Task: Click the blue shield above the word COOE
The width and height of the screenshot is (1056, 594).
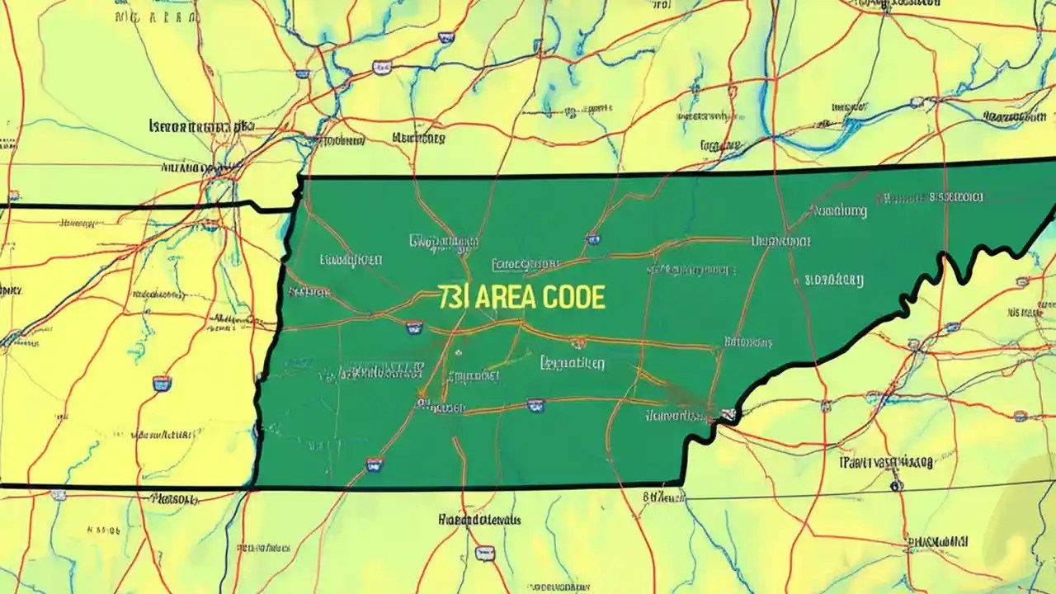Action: [592, 239]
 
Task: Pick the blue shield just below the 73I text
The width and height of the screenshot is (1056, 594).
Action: [413, 328]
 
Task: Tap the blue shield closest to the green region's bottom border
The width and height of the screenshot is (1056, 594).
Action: [375, 464]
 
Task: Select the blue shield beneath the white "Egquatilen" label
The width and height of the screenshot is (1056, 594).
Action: [535, 404]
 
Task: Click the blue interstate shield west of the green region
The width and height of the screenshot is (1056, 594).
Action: [162, 383]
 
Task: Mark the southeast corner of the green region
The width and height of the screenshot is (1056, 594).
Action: [682, 483]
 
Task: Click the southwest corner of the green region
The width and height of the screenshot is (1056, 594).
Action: [255, 486]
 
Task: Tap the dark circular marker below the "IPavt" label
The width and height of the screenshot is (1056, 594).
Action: [896, 486]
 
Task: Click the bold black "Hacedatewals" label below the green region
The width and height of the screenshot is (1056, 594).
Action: [480, 521]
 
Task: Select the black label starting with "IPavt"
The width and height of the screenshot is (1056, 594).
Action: [885, 463]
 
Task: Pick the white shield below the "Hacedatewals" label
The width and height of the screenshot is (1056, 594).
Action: [485, 553]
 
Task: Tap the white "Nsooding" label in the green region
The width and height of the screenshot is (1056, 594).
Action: [840, 211]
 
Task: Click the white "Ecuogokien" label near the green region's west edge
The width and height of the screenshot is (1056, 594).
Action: [351, 259]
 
